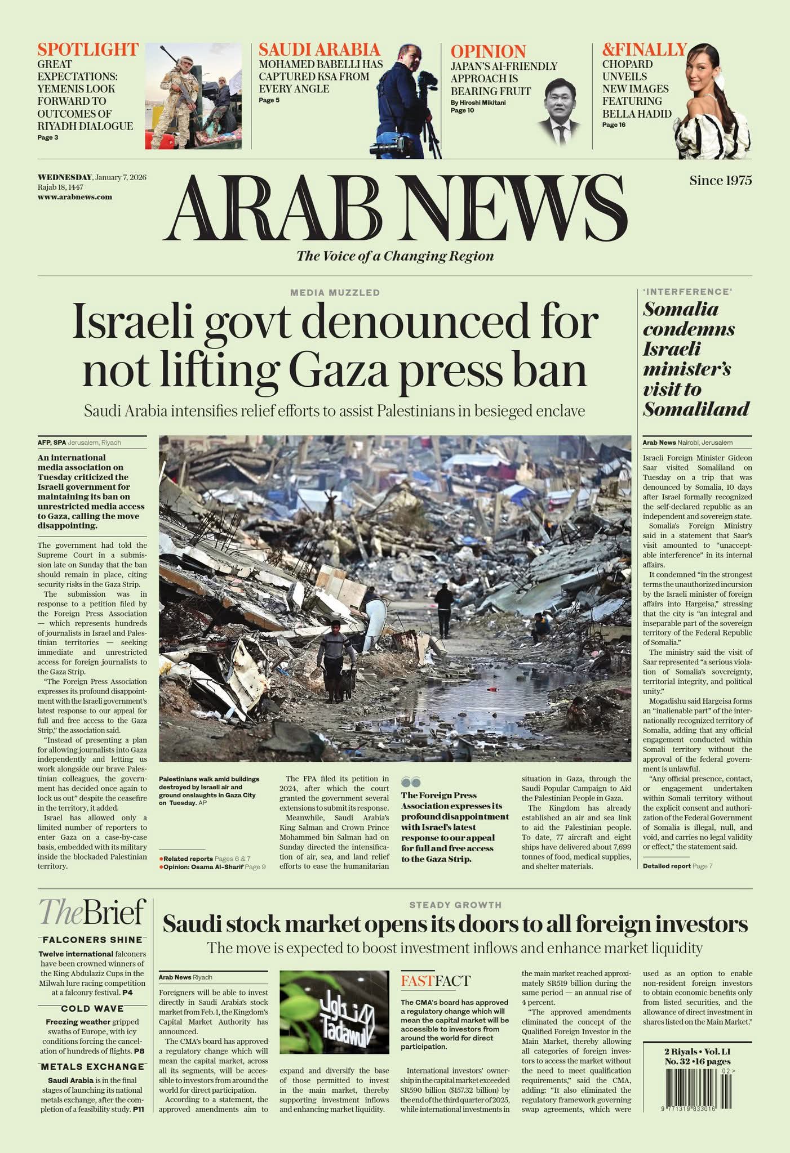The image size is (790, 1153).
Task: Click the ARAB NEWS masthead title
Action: point(396,208)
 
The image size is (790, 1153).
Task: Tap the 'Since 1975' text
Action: point(720,180)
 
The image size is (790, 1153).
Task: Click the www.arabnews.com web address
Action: point(74,197)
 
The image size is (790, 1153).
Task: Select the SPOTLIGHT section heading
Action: point(88,50)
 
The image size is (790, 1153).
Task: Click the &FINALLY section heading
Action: point(644,50)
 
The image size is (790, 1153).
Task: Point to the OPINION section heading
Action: point(488,51)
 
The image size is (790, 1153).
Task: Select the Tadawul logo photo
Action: point(334,1012)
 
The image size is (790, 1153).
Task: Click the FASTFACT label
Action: point(435,981)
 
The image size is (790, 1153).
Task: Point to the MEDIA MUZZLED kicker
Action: point(335,293)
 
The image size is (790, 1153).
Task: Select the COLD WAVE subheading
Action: point(92,1008)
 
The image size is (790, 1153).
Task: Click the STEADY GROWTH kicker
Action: point(455,905)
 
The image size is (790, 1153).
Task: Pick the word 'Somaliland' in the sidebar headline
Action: point(696,409)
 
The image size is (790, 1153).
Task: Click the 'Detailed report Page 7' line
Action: point(677,866)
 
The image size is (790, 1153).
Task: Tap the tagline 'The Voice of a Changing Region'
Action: point(395,256)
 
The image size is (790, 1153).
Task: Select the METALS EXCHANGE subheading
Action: point(92,1066)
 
